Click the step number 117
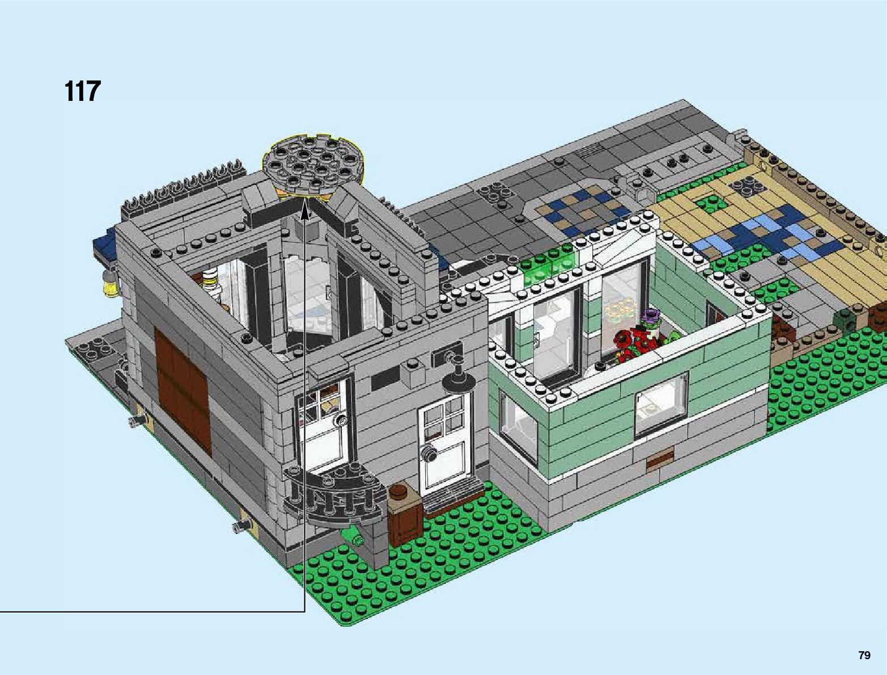[82, 91]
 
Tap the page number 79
[864, 655]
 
